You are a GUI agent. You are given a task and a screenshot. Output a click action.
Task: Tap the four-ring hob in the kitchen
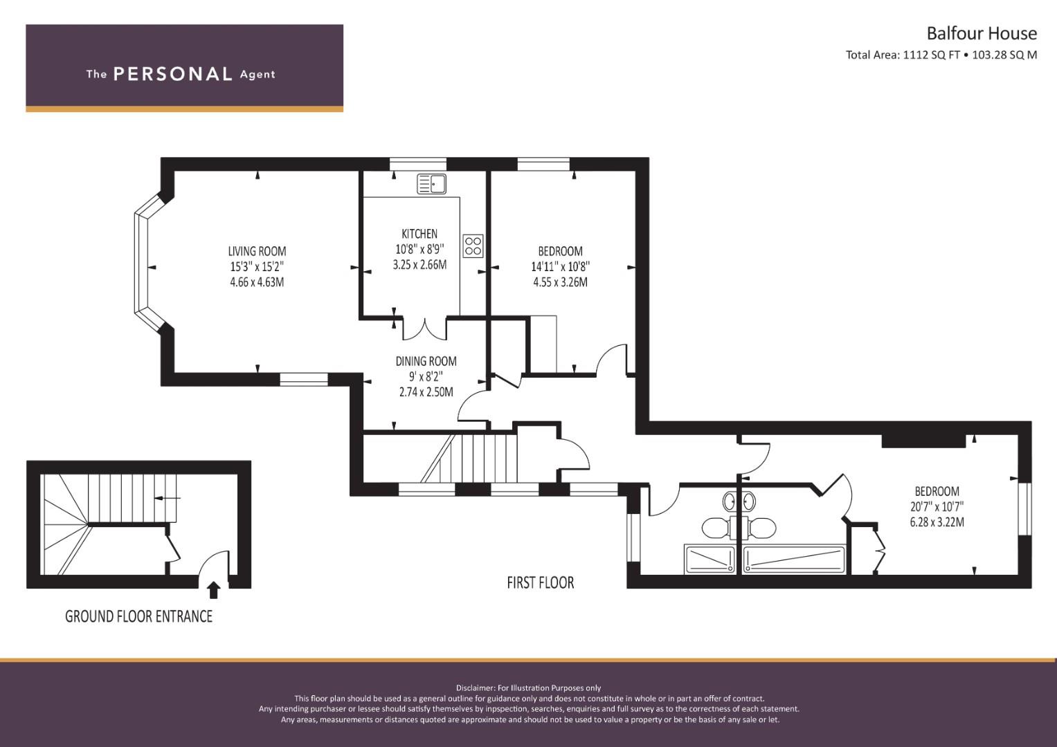(x=473, y=246)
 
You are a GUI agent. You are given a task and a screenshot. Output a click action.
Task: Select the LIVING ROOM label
(x=257, y=251)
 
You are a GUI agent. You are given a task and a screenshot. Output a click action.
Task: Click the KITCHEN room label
(x=419, y=234)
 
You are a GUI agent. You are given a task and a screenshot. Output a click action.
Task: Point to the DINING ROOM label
(x=426, y=361)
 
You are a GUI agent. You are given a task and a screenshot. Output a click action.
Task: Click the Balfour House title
(x=981, y=33)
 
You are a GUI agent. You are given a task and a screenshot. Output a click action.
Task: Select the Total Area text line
(x=941, y=55)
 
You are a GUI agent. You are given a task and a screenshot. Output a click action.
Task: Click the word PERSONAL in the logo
(x=172, y=74)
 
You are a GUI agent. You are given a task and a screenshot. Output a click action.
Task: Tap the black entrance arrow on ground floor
(x=214, y=590)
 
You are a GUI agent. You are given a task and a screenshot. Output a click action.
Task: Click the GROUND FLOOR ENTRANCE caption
(x=138, y=616)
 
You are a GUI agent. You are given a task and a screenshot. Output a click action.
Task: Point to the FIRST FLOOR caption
(x=540, y=582)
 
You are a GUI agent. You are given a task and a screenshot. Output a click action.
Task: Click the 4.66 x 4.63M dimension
(x=257, y=282)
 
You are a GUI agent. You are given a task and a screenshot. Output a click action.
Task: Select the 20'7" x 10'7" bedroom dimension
(x=937, y=506)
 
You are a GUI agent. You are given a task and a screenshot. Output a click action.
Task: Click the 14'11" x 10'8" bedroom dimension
(x=560, y=266)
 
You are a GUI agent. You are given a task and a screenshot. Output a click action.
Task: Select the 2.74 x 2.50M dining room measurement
(x=426, y=392)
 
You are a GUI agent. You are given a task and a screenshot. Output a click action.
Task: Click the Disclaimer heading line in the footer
(x=528, y=688)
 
